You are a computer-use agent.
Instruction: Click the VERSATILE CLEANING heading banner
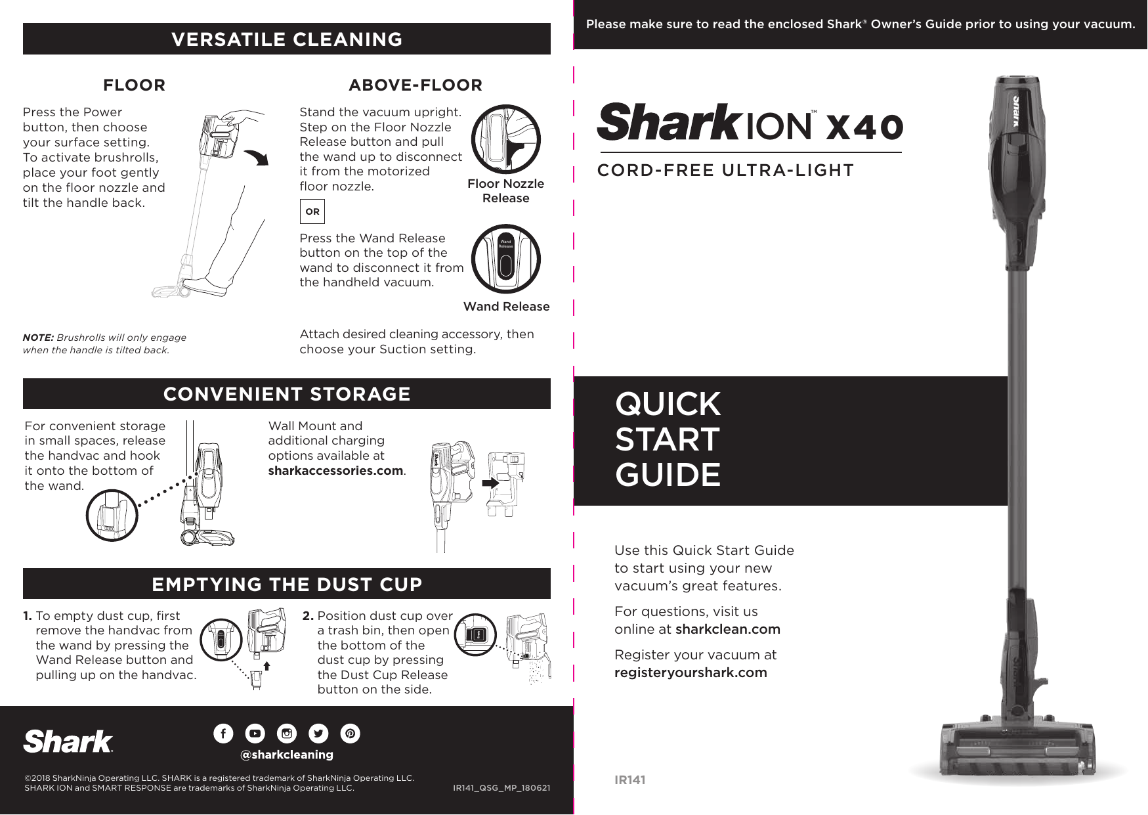(287, 39)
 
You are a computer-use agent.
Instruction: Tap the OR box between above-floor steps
(312, 211)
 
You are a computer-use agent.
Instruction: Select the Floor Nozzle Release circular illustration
(505, 139)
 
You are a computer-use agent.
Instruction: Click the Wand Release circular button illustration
(505, 259)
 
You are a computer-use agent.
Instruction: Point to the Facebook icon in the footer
(223, 734)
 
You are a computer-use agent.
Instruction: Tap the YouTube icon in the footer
(255, 734)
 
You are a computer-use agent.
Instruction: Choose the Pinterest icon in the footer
(351, 734)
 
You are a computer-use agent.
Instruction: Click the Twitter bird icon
(318, 734)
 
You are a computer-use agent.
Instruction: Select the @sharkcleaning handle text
(287, 755)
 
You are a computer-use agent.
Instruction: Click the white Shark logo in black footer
(68, 741)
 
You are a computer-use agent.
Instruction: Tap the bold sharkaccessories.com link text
(335, 471)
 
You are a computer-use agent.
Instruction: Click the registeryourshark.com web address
(691, 672)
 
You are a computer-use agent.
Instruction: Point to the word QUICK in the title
(668, 404)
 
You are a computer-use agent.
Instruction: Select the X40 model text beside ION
(864, 126)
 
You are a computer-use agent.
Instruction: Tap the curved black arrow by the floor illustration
(257, 158)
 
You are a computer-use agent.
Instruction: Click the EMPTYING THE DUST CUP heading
(287, 584)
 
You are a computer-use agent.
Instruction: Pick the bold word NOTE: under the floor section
(38, 338)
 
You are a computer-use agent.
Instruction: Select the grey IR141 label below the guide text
(629, 780)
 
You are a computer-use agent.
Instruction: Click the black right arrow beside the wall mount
(490, 483)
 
